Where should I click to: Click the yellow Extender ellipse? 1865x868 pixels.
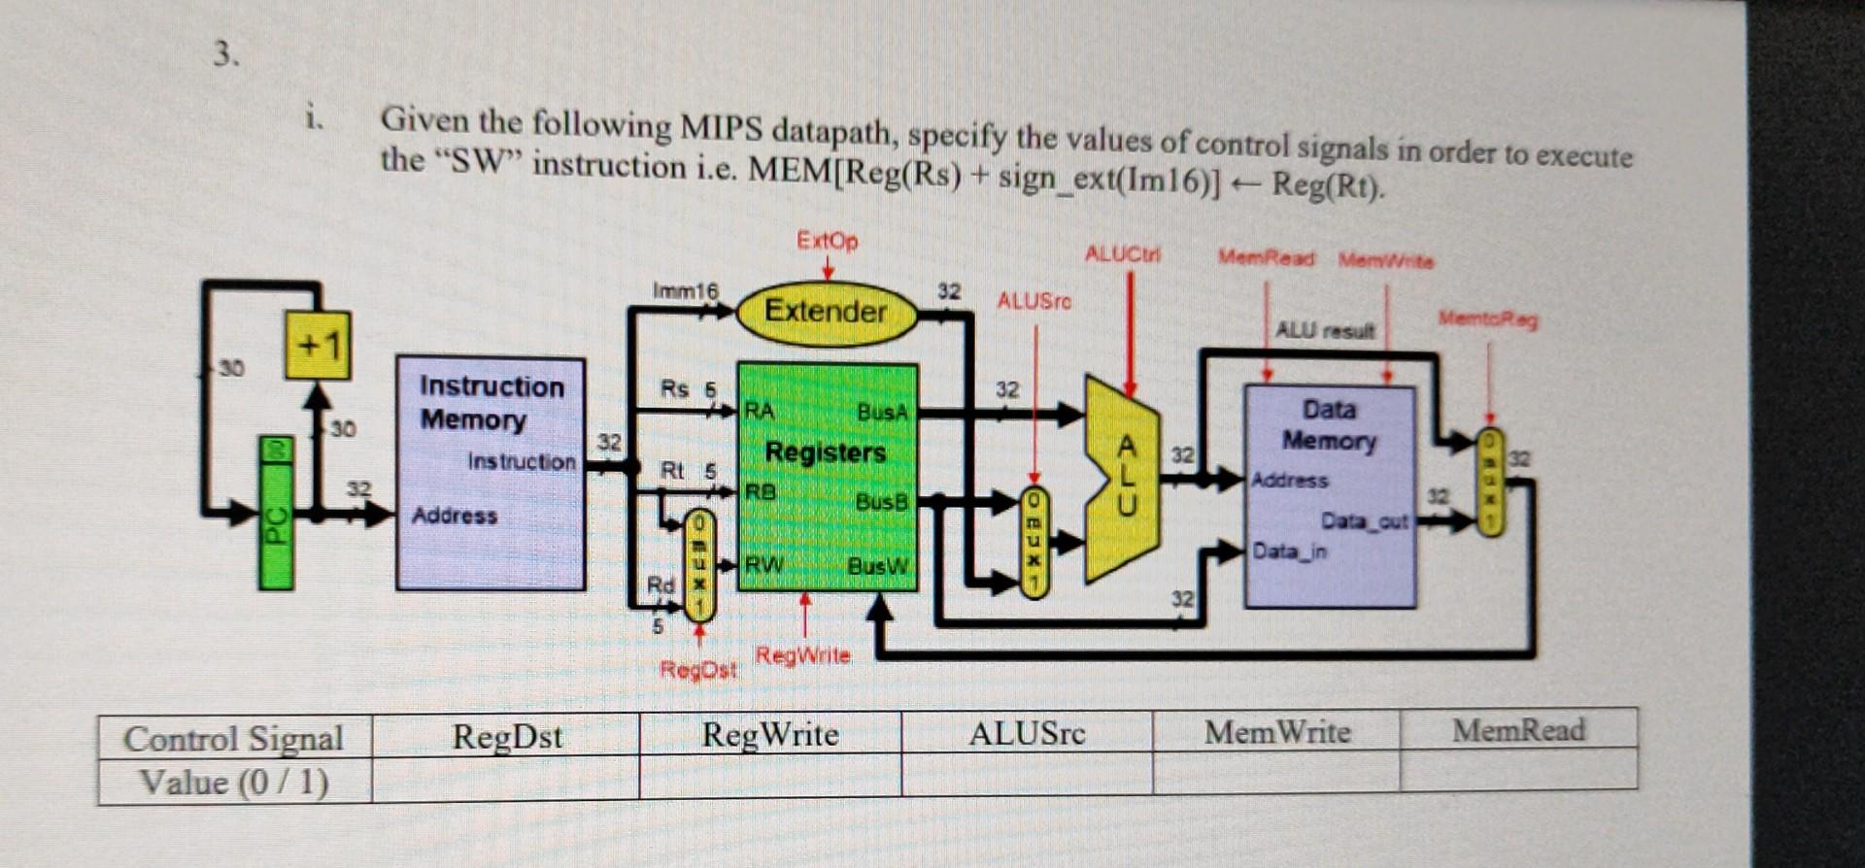827,313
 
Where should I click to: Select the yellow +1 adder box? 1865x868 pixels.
318,346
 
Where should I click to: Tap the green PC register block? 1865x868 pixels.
276,513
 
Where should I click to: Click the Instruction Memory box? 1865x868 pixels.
491,474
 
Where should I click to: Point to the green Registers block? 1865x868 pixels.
827,476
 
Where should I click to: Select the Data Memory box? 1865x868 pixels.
1330,495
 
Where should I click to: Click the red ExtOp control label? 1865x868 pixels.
827,240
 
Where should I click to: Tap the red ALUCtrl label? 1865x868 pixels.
1122,254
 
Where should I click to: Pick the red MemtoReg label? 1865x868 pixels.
1487,318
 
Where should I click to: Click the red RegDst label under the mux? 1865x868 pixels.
697,670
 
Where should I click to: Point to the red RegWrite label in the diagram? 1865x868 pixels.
802,655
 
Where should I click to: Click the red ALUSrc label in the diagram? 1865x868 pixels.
1034,301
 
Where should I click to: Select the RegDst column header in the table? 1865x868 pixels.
506,736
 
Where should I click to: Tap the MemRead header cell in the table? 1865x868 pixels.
1518,730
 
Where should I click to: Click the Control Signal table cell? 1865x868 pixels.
233,739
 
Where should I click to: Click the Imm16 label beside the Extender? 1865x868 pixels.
685,290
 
